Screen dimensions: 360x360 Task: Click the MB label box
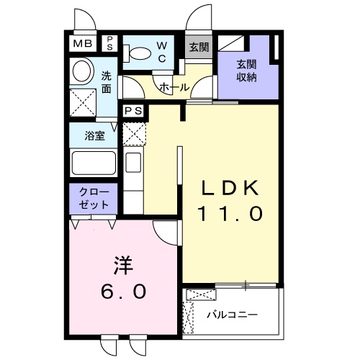[x=81, y=43]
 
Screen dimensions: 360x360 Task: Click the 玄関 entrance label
[x=199, y=48]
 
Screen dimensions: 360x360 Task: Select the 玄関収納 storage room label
[x=248, y=70]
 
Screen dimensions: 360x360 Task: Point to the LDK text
[x=230, y=189]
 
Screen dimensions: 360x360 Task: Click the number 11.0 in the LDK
[x=230, y=214]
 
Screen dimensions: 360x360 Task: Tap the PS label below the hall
[x=132, y=112]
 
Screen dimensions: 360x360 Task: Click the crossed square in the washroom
[x=82, y=101]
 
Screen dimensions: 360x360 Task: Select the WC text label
[x=161, y=53]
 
